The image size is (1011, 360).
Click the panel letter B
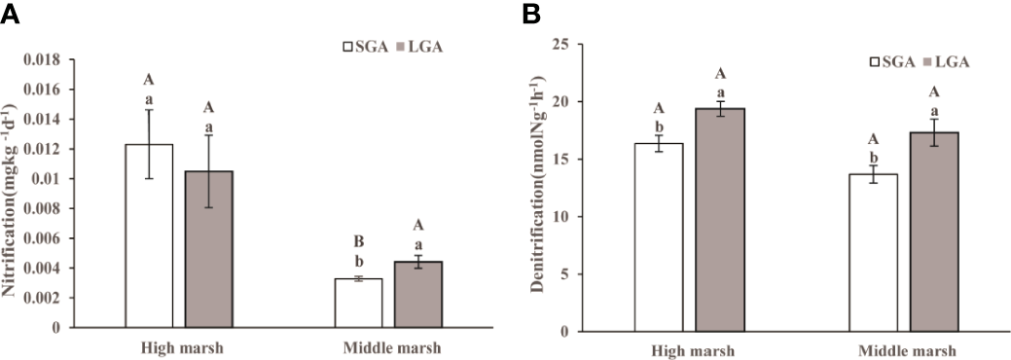tap(532, 14)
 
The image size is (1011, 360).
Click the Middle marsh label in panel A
tap(386, 347)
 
